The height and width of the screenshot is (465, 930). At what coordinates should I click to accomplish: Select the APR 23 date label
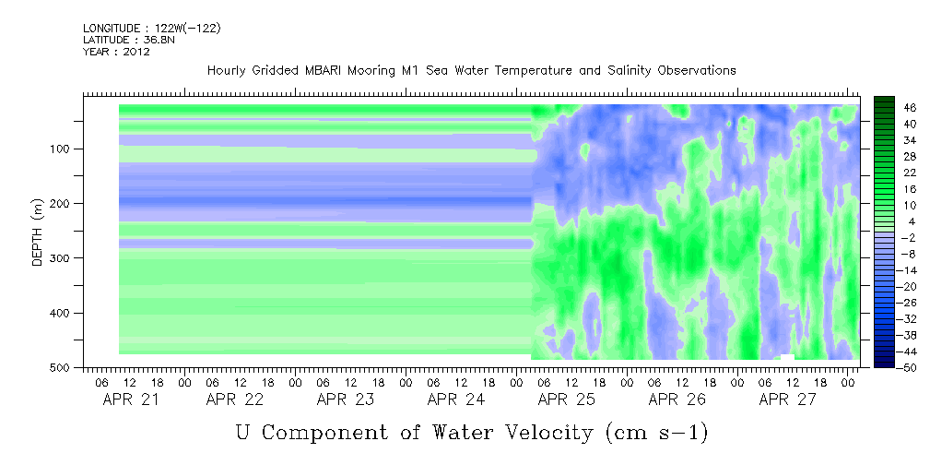click(x=346, y=399)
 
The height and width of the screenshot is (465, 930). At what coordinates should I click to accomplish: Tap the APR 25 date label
click(x=567, y=399)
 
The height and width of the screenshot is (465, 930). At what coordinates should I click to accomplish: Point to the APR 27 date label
click(x=788, y=399)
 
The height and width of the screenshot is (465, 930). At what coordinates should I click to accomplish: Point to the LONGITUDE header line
click(x=151, y=29)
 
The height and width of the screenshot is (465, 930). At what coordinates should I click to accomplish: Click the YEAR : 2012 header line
click(x=116, y=52)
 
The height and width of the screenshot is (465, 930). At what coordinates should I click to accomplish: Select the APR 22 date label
click(x=235, y=399)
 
